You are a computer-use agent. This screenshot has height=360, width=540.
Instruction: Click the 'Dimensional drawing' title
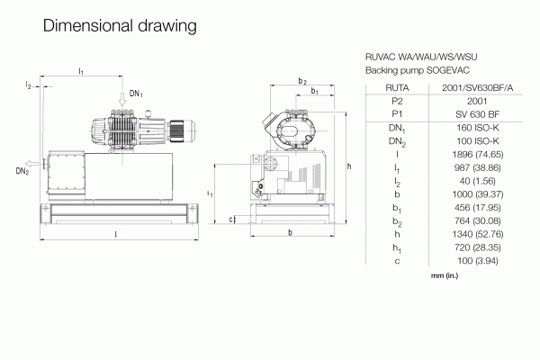coord(120,26)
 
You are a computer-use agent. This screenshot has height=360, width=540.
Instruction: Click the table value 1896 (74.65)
coord(477,154)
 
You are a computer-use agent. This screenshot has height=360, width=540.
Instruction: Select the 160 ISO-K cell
coord(477,128)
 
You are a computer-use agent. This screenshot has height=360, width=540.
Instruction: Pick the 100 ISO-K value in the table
coord(477,141)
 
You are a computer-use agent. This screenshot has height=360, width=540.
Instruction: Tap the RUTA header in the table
coord(397,88)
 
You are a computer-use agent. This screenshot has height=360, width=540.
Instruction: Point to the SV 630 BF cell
coord(477,114)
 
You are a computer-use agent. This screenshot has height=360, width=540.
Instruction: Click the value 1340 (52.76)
coord(477,234)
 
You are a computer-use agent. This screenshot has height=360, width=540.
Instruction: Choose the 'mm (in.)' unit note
coord(445,275)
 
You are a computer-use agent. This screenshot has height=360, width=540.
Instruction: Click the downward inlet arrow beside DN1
coord(122,99)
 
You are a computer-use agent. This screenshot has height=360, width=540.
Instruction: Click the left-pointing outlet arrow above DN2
coord(31,163)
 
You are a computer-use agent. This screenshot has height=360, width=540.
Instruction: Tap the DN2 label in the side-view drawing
coord(22,171)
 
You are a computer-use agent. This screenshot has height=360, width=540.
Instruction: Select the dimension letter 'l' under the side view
coord(116,235)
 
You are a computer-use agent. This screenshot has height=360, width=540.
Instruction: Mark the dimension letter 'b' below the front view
coord(291,232)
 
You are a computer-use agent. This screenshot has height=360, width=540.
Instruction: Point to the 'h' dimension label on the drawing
coord(349,166)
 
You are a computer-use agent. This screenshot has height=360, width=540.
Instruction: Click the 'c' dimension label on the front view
coord(230,219)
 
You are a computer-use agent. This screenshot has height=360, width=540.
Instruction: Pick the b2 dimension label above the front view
coord(302,81)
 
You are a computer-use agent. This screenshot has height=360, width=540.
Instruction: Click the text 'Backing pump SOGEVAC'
coord(418,70)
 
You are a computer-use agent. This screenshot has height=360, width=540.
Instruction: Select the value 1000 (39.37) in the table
coord(477,194)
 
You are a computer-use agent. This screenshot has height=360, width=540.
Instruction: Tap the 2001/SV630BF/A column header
coord(477,88)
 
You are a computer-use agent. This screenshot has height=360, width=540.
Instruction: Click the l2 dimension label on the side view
coord(28,85)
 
